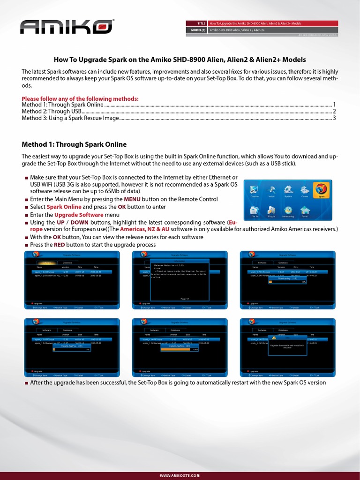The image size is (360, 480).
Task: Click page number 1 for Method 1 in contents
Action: [x=334, y=105]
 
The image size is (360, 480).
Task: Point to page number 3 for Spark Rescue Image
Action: [x=334, y=118]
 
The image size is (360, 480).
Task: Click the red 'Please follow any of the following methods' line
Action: [x=80, y=98]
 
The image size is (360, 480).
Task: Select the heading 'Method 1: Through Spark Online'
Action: [x=74, y=144]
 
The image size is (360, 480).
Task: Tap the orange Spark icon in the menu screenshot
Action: [x=321, y=190]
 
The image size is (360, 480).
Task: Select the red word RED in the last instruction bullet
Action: [x=60, y=245]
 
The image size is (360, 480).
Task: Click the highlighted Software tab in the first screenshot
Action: [x=47, y=263]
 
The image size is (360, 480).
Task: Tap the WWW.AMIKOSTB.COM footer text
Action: [x=180, y=475]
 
